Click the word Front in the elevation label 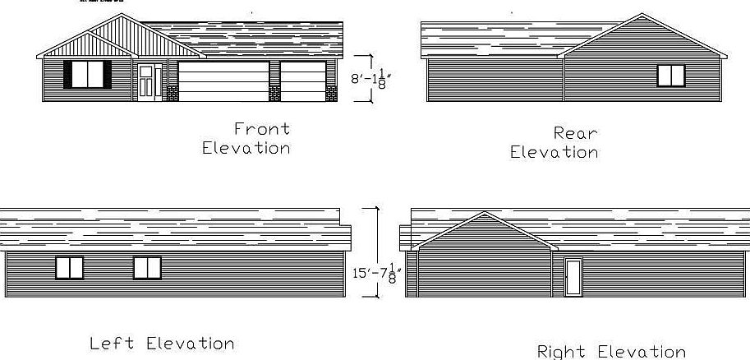[x=262, y=129]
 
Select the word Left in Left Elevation [x=112, y=343]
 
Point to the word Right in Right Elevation [x=561, y=352]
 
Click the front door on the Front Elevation [x=146, y=82]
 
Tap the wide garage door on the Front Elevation [x=223, y=81]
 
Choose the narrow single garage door [x=303, y=81]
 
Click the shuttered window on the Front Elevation [x=88, y=74]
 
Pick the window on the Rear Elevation [x=671, y=76]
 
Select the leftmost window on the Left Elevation [x=69, y=268]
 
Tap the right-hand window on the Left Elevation [x=147, y=268]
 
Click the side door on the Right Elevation [x=573, y=277]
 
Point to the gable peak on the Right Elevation [x=485, y=212]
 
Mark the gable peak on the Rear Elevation [x=642, y=14]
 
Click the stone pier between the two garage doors [x=274, y=94]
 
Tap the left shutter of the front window [x=68, y=74]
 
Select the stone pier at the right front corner [x=331, y=94]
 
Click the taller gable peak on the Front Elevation [x=121, y=14]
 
